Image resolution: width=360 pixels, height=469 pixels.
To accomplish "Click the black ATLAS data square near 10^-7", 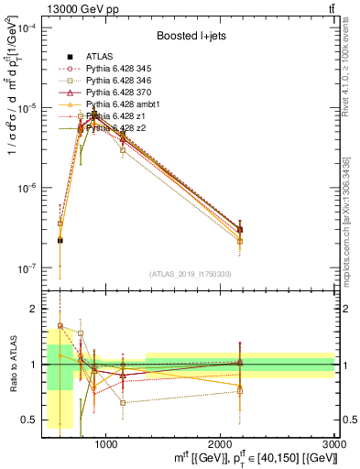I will (60, 240).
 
